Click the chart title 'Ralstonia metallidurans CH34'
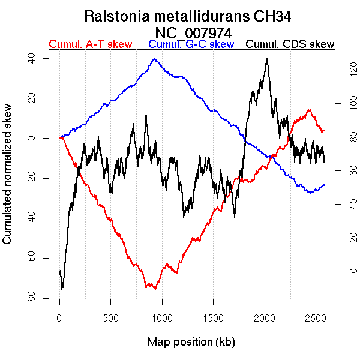192,16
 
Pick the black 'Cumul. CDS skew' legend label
290,44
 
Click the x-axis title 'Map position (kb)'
191,342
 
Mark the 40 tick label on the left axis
29,58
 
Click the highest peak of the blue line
154,59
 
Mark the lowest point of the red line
155,289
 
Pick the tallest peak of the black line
267,58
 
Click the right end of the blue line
325,184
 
